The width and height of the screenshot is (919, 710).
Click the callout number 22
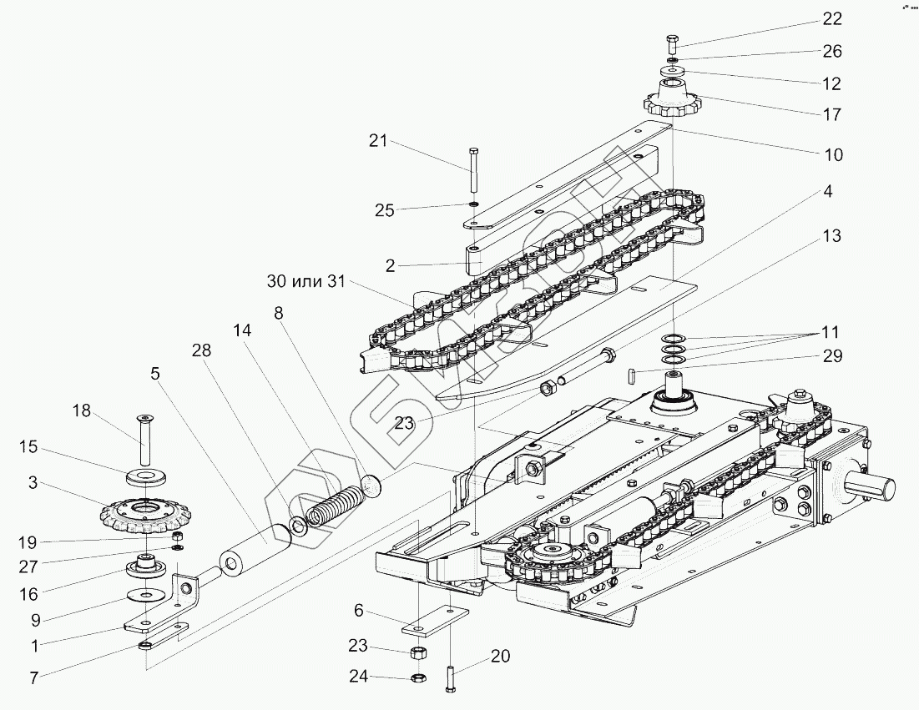click(832, 18)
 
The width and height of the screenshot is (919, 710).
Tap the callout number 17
click(832, 114)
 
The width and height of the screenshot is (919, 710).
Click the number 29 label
click(832, 356)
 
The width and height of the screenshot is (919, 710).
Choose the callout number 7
click(33, 677)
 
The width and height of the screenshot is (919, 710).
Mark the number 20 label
click(500, 657)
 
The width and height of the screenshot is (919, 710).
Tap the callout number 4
click(827, 191)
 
